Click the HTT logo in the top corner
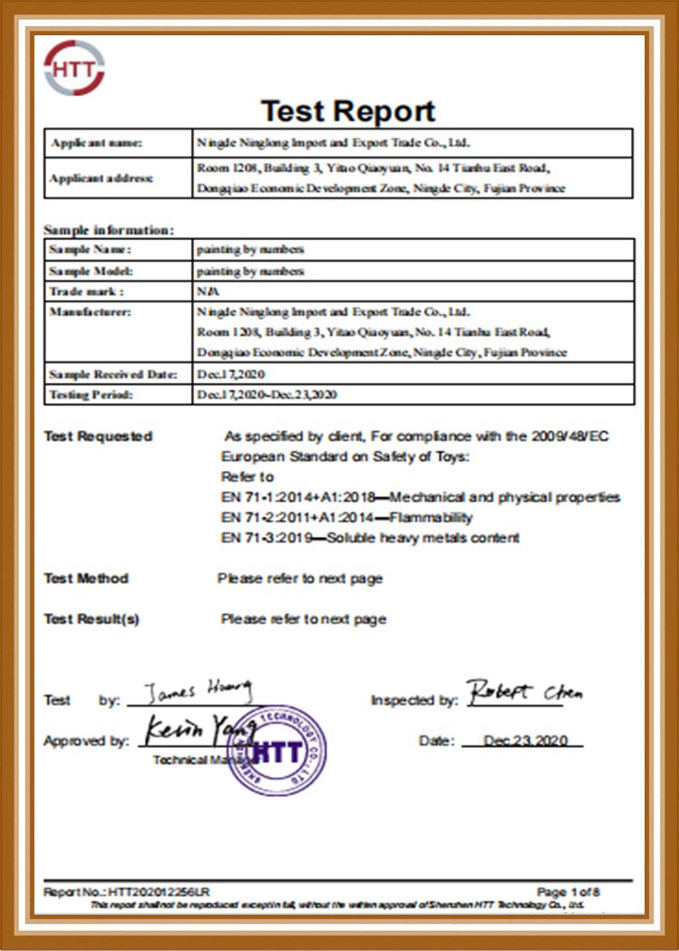[74, 68]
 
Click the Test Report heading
[349, 111]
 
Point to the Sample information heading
[109, 230]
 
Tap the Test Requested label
[98, 437]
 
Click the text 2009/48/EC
[570, 437]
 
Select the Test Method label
[86, 579]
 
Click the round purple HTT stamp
[276, 752]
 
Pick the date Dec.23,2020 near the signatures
[525, 741]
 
